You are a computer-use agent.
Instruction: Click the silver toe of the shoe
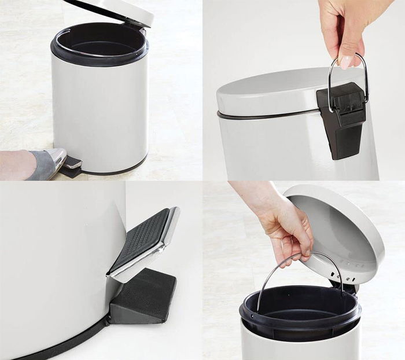57,157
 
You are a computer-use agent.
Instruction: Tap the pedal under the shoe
72,165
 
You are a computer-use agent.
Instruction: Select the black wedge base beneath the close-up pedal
145,295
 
